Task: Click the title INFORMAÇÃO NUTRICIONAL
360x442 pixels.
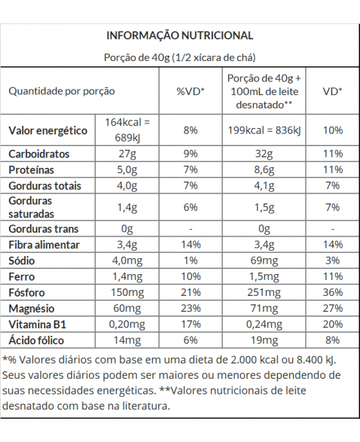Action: [180, 35]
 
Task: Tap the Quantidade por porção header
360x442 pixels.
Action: [62, 91]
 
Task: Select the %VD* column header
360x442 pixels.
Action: [191, 91]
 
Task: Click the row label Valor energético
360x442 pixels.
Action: [48, 130]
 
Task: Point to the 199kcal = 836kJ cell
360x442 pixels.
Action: [264, 130]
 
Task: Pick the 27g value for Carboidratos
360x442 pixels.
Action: [127, 154]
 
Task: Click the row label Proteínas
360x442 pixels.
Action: [32, 170]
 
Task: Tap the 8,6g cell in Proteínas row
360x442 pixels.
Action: [264, 170]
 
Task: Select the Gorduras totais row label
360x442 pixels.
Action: [45, 186]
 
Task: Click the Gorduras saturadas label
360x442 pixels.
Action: [30, 207]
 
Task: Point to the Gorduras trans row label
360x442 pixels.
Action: [44, 229]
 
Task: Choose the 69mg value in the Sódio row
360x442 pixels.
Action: [264, 261]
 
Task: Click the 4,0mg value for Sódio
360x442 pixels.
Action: [127, 261]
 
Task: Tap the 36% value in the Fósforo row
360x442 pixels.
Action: [333, 292]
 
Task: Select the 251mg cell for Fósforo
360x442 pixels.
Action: [264, 293]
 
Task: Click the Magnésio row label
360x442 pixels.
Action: [32, 309]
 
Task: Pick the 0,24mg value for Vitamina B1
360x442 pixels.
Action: [264, 325]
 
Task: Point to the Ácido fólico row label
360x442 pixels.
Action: [36, 340]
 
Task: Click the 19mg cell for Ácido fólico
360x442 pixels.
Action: [264, 340]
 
